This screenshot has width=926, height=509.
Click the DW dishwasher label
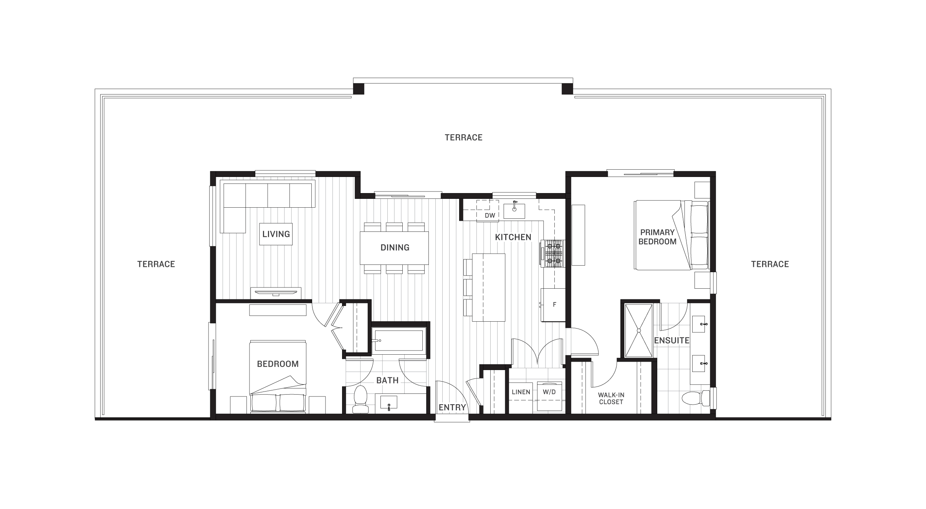click(490, 215)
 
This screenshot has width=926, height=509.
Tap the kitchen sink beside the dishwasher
click(514, 210)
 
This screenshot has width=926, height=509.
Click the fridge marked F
click(553, 305)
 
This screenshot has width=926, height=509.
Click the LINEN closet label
click(521, 392)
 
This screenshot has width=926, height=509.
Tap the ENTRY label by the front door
click(452, 408)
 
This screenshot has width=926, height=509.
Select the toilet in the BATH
click(360, 399)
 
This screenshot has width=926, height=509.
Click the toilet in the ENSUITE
click(696, 398)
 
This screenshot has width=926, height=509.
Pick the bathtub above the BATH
click(399, 340)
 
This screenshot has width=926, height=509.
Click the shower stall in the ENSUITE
click(639, 331)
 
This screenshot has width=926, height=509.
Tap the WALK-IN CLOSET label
click(611, 398)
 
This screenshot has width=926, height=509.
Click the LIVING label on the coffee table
click(276, 234)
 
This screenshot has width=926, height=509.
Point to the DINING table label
click(395, 248)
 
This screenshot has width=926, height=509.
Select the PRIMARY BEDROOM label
click(657, 237)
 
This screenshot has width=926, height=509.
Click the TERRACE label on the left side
click(156, 264)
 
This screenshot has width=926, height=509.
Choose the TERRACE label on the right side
click(770, 264)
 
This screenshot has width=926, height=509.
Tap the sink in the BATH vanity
click(389, 403)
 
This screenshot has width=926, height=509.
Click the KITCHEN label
click(513, 237)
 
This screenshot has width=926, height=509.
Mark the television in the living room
click(276, 293)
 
